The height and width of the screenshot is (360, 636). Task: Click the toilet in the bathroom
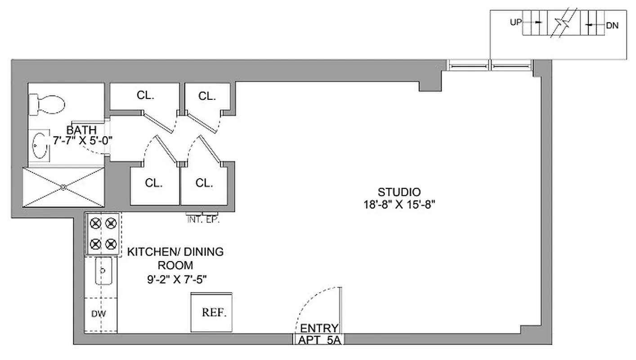click(47, 105)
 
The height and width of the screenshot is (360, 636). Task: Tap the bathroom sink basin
click(41, 145)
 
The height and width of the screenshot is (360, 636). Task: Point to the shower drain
click(63, 187)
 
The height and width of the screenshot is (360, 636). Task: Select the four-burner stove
click(103, 234)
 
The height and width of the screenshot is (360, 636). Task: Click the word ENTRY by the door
click(319, 328)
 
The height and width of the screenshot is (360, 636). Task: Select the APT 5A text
click(319, 340)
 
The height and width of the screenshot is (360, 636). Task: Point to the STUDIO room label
click(399, 192)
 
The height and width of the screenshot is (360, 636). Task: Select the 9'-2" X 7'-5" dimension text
click(176, 279)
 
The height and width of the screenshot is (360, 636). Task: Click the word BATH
click(81, 130)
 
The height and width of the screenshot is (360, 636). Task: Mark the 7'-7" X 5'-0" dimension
click(82, 140)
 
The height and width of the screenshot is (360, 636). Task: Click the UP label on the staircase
click(515, 22)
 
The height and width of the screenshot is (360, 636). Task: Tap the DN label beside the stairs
click(612, 26)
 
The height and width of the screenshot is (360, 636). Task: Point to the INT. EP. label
click(203, 220)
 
